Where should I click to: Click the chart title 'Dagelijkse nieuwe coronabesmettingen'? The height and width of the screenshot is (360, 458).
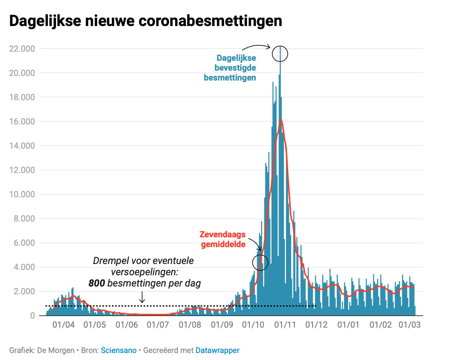146,21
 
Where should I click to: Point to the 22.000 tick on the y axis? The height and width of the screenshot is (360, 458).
22,49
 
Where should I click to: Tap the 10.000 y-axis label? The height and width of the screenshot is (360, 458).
22,194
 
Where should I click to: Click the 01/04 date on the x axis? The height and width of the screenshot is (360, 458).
64,325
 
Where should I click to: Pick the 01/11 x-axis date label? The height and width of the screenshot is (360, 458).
285,325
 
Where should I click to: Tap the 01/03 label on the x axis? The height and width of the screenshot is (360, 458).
409,325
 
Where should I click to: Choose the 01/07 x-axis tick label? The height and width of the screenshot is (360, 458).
158,325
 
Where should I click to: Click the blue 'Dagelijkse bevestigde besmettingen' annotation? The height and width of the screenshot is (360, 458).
231,68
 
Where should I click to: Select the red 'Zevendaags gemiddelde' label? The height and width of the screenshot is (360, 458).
223,239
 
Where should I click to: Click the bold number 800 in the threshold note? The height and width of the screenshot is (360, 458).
97,283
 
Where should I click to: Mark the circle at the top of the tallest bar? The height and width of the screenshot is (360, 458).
280,54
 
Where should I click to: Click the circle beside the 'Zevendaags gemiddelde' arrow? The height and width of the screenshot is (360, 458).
260,262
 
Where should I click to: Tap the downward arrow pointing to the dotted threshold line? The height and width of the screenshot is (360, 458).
142,297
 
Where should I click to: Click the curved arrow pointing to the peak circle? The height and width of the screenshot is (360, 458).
256,46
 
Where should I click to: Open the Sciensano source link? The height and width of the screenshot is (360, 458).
119,351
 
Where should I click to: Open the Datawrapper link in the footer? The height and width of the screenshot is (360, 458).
217,351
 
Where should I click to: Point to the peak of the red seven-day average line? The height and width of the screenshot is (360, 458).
281,120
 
